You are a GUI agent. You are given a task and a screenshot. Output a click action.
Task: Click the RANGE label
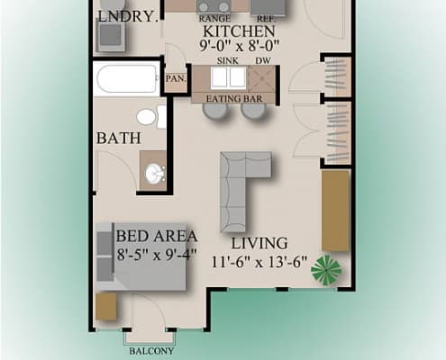[214, 19]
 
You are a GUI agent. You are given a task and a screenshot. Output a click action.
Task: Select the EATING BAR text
[232, 96]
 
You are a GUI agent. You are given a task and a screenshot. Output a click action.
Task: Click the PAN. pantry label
[175, 78]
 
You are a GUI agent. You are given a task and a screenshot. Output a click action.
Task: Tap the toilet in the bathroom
[150, 118]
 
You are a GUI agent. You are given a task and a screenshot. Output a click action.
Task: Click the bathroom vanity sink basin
[154, 171]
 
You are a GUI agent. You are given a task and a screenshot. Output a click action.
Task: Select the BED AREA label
[157, 236]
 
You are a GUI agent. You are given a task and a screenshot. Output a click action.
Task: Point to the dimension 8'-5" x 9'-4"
[158, 254]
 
